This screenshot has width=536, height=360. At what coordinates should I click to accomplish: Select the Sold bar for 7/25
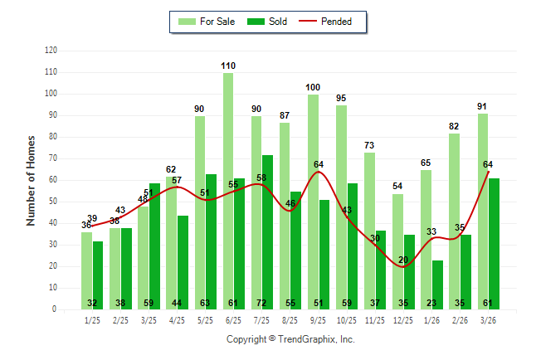(x=268, y=232)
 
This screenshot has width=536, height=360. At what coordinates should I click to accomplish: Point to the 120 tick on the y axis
(x=51, y=51)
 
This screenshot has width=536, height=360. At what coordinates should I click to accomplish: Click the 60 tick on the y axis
(x=53, y=180)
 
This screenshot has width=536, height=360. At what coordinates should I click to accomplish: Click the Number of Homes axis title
(x=31, y=180)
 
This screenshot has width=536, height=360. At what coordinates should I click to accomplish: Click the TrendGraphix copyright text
(x=290, y=339)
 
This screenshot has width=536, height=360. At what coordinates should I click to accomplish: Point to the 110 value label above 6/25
(x=228, y=65)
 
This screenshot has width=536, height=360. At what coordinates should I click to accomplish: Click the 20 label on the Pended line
(x=403, y=260)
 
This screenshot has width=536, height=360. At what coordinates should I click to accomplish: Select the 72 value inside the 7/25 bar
(x=268, y=304)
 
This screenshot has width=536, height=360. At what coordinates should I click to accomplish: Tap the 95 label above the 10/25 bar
(x=341, y=98)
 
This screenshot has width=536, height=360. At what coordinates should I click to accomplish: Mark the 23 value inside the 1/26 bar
(x=438, y=304)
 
